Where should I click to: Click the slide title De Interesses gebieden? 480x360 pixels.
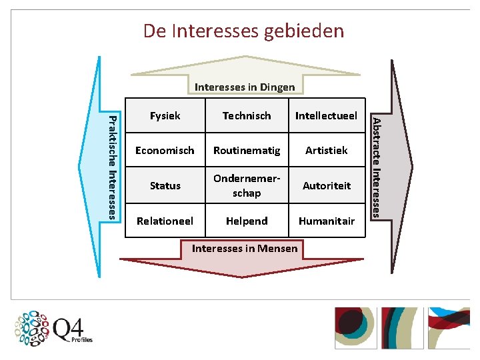click(x=243, y=31)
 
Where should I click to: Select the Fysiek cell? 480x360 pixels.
click(x=165, y=115)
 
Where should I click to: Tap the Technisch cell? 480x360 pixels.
click(x=247, y=115)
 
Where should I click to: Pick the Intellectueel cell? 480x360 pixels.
click(x=327, y=115)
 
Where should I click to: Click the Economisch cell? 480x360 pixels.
click(x=165, y=150)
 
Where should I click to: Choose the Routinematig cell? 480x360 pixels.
click(x=247, y=150)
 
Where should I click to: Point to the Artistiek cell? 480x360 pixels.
click(x=327, y=150)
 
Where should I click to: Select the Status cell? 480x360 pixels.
click(x=165, y=185)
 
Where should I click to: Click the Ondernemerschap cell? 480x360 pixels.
click(x=247, y=185)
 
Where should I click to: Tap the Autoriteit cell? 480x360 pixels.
click(x=327, y=185)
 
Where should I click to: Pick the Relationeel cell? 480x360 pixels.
click(x=165, y=221)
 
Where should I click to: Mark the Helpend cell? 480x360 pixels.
click(x=247, y=221)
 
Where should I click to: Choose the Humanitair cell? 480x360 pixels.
click(x=327, y=221)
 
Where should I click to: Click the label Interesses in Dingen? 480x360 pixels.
click(x=245, y=87)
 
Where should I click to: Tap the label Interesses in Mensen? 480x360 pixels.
click(x=245, y=248)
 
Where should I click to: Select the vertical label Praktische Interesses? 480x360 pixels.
click(x=113, y=167)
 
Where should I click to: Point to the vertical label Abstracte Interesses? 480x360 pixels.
click(x=377, y=167)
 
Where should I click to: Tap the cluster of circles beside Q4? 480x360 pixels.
click(x=33, y=328)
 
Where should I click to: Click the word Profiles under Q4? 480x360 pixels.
click(x=82, y=340)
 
